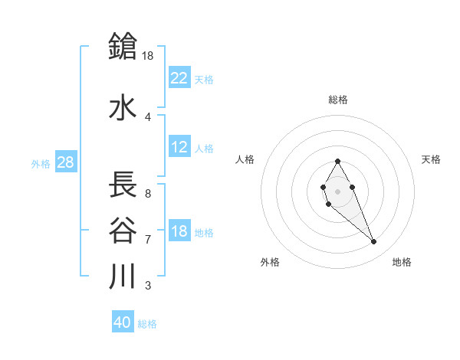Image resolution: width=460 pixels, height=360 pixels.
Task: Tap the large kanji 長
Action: (123, 185)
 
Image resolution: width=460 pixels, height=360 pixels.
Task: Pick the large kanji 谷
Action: (123, 230)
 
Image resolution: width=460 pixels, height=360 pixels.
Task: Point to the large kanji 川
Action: (123, 276)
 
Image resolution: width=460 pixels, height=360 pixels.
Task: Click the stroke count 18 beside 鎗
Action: (149, 55)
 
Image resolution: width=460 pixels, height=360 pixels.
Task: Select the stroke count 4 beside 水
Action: (147, 116)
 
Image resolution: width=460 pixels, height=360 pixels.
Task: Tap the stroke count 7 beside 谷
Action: (147, 239)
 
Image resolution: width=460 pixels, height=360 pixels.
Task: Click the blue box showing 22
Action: (179, 77)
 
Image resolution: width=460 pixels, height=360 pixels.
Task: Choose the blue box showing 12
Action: (179, 147)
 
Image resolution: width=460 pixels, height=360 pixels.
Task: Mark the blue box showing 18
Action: (179, 231)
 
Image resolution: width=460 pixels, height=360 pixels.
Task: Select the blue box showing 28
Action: (65, 162)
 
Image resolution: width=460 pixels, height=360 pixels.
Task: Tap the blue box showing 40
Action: (123, 322)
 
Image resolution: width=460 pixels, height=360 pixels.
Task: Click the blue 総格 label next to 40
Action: (148, 324)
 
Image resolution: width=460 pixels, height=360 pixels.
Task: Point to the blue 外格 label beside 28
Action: (41, 163)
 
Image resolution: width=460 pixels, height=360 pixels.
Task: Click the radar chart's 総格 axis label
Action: (338, 100)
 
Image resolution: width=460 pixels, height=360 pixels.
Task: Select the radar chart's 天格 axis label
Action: (431, 159)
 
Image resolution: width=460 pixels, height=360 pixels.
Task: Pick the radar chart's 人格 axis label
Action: (245, 159)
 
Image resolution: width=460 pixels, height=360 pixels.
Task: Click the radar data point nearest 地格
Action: (374, 242)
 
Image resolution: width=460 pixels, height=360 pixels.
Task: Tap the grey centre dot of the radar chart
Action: (338, 191)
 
